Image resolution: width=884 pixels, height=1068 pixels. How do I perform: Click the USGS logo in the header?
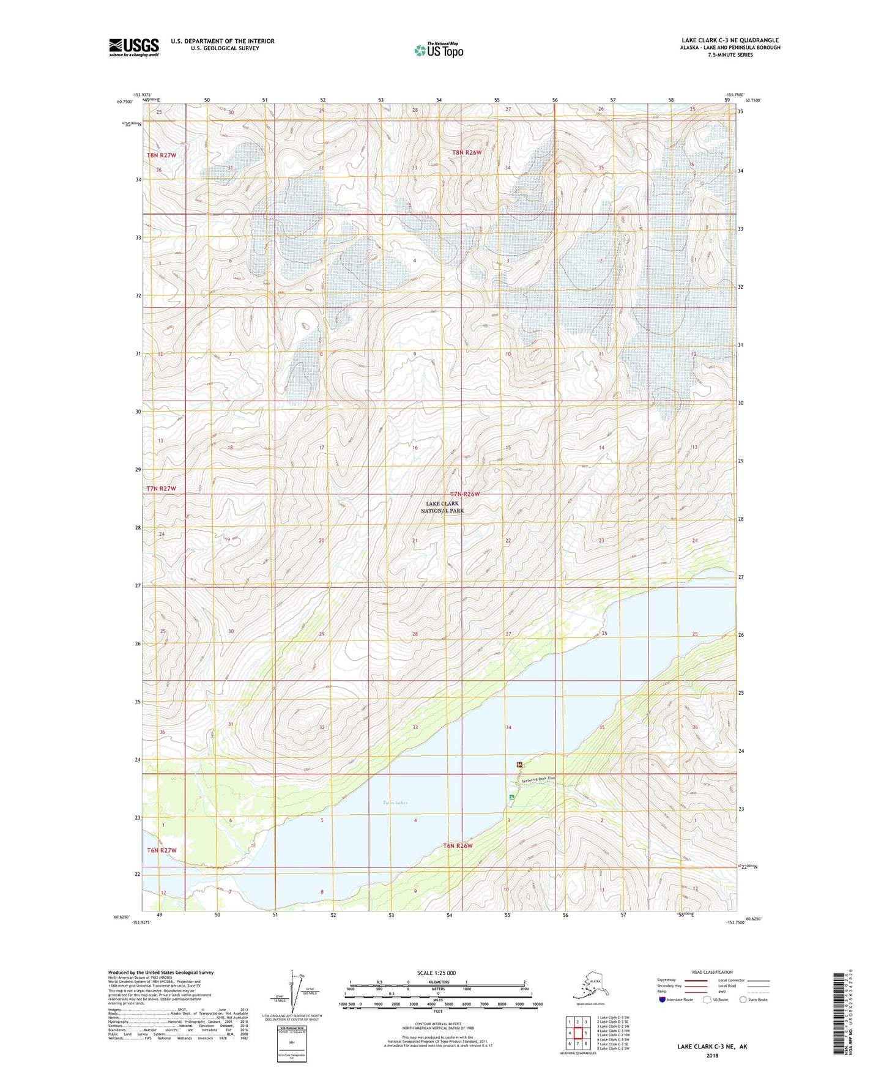[134, 47]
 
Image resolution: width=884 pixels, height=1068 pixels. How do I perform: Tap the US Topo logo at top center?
[438, 50]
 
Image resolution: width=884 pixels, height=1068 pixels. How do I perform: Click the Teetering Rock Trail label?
[538, 779]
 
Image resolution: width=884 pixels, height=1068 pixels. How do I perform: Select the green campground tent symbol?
[511, 797]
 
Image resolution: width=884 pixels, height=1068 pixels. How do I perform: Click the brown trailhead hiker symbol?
[519, 764]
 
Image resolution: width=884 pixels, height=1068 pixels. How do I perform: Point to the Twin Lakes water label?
[395, 803]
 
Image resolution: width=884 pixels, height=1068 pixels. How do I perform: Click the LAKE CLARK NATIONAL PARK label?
[442, 506]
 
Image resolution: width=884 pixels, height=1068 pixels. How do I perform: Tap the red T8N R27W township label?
[162, 155]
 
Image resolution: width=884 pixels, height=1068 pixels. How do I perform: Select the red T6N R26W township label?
[458, 846]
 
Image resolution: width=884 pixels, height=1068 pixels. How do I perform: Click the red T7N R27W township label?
[162, 489]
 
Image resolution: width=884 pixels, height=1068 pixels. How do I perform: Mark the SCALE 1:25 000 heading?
[437, 973]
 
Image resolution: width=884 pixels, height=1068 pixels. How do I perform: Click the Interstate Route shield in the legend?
[663, 1000]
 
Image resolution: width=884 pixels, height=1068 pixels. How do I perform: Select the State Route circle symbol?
[743, 1000]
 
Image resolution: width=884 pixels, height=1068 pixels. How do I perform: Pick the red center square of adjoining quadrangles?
[577, 1033]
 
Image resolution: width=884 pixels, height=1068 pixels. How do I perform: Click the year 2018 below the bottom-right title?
[712, 1055]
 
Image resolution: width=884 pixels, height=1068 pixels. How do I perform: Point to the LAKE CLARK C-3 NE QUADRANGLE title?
[730, 40]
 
